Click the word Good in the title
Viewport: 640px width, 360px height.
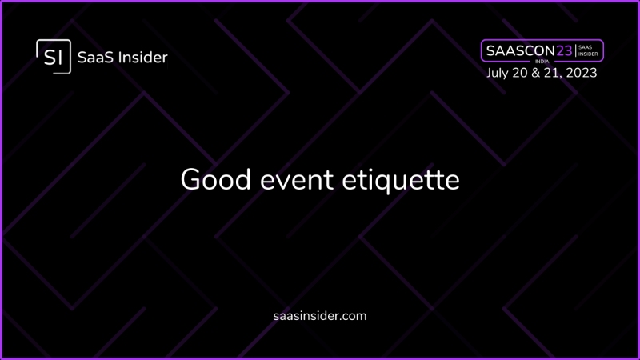click(x=215, y=179)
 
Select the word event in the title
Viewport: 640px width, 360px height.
click(x=297, y=180)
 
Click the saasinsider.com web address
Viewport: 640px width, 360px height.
click(x=320, y=316)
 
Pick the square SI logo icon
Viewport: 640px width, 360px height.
click(x=54, y=56)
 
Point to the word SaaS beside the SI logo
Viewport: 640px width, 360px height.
click(x=95, y=58)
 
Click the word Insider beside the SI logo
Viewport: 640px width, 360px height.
click(x=142, y=58)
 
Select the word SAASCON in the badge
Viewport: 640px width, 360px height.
click(x=521, y=50)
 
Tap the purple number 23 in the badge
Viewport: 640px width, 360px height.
click(x=565, y=50)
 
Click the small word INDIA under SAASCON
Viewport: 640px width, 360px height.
click(x=542, y=62)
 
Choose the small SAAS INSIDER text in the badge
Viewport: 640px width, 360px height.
click(x=588, y=50)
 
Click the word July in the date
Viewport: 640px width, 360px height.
click(x=498, y=73)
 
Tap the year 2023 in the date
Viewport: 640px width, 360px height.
click(x=582, y=73)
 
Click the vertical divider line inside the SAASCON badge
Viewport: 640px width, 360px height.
click(x=575, y=50)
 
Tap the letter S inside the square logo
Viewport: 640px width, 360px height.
click(x=50, y=57)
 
